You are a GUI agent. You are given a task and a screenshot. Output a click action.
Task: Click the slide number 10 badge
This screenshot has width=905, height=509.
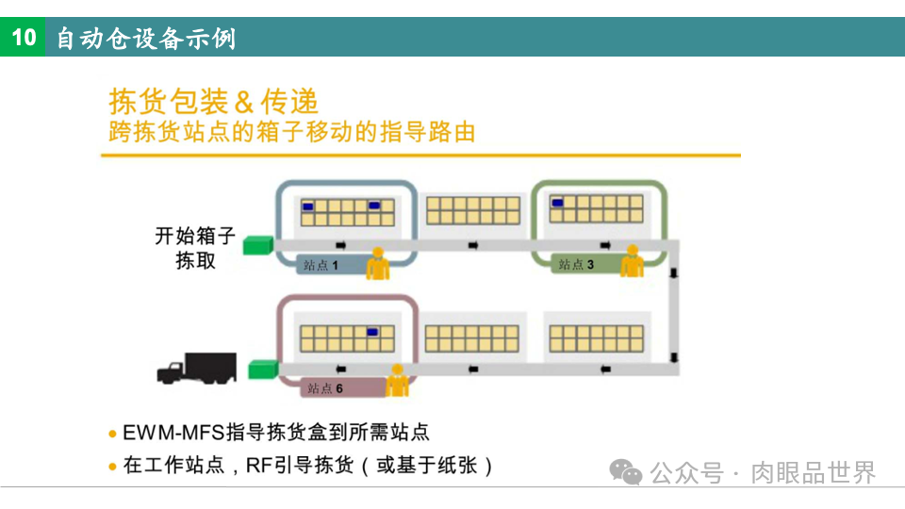[x=23, y=38]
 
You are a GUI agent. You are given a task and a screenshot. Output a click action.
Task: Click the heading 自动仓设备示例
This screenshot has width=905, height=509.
[x=146, y=39]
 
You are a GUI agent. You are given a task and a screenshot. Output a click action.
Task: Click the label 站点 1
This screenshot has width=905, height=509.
[x=321, y=266]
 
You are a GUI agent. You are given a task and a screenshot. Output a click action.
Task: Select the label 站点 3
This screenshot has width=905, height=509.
[x=576, y=265]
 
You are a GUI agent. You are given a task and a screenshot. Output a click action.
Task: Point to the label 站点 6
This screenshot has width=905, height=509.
[x=325, y=388]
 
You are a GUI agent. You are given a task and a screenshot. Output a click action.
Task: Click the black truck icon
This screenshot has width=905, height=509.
[x=196, y=369]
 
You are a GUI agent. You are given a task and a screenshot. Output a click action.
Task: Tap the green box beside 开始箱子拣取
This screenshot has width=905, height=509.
[x=256, y=246]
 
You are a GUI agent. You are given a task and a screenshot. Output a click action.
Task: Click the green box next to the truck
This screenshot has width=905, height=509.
[x=263, y=369]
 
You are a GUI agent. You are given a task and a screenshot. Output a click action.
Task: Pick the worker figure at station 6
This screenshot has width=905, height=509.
[x=398, y=381]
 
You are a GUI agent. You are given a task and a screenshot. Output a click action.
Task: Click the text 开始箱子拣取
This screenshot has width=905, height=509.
[x=195, y=248]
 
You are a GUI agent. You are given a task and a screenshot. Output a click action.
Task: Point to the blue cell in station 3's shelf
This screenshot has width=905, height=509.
[x=558, y=202]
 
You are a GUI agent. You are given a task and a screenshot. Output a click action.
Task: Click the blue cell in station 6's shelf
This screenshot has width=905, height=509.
[x=374, y=332]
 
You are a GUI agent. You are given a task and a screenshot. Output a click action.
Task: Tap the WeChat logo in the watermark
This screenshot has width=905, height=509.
[x=626, y=472]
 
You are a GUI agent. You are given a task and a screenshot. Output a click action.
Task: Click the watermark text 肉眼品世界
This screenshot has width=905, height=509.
[x=813, y=472]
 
